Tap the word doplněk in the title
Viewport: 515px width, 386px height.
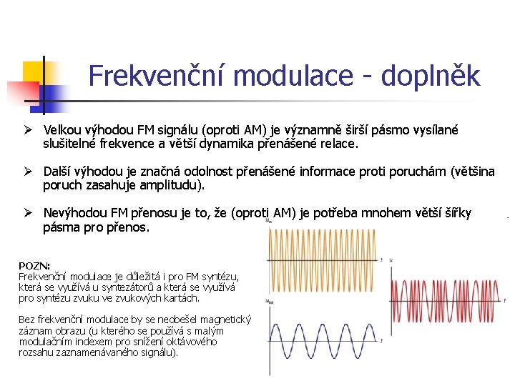[431, 76]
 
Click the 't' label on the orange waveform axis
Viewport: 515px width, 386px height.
[382, 259]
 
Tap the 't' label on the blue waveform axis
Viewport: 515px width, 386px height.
[382, 342]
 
